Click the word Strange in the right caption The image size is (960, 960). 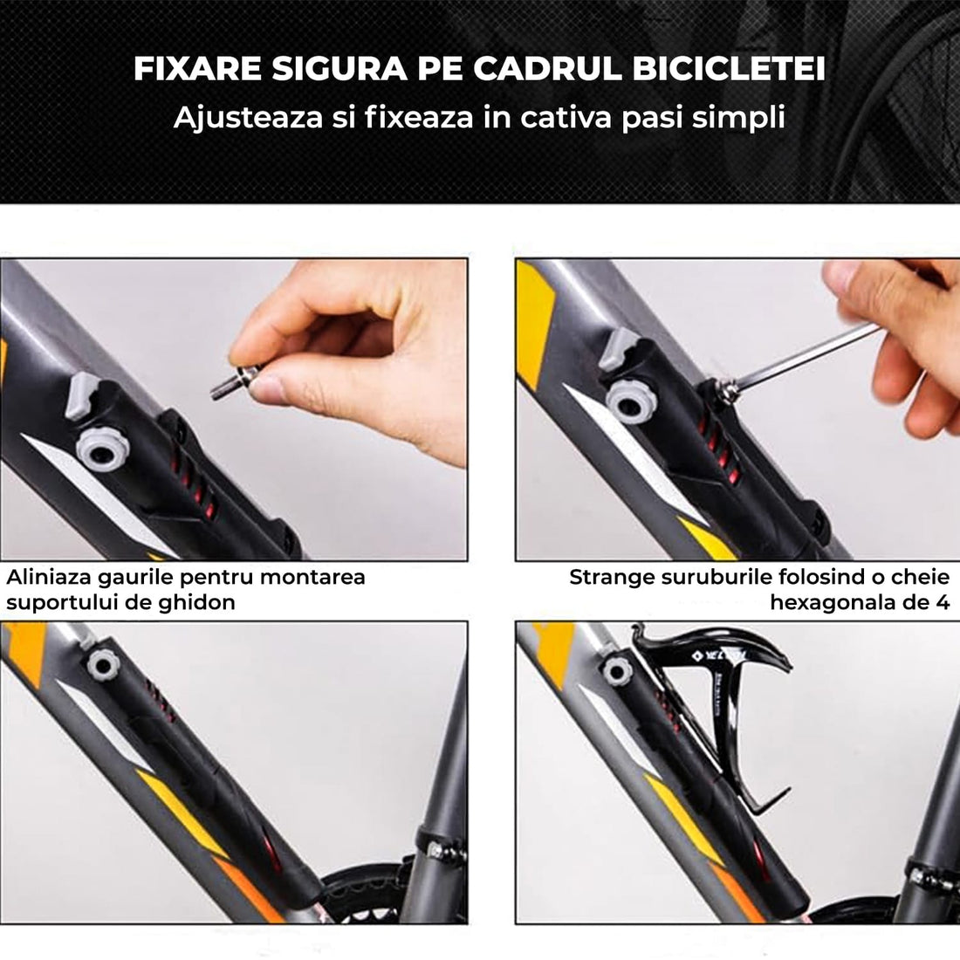[x=611, y=577]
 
